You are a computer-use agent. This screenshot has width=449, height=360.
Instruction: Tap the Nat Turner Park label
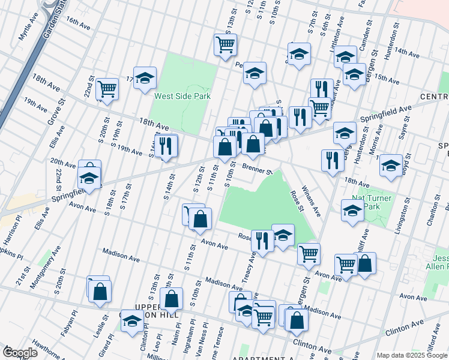coord(372,202)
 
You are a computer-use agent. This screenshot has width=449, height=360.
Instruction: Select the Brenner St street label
coord(258,170)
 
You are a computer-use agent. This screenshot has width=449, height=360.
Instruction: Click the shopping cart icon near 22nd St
coord(107,89)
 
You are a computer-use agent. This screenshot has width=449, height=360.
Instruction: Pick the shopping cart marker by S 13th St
coord(225,44)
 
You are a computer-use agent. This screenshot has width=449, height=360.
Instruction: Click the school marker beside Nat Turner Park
coord(352,210)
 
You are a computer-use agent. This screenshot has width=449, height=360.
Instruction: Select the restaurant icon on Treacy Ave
coord(262,241)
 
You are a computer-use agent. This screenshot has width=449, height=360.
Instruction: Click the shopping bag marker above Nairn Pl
coord(172,298)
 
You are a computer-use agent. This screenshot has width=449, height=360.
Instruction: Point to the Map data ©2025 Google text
coord(411,355)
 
